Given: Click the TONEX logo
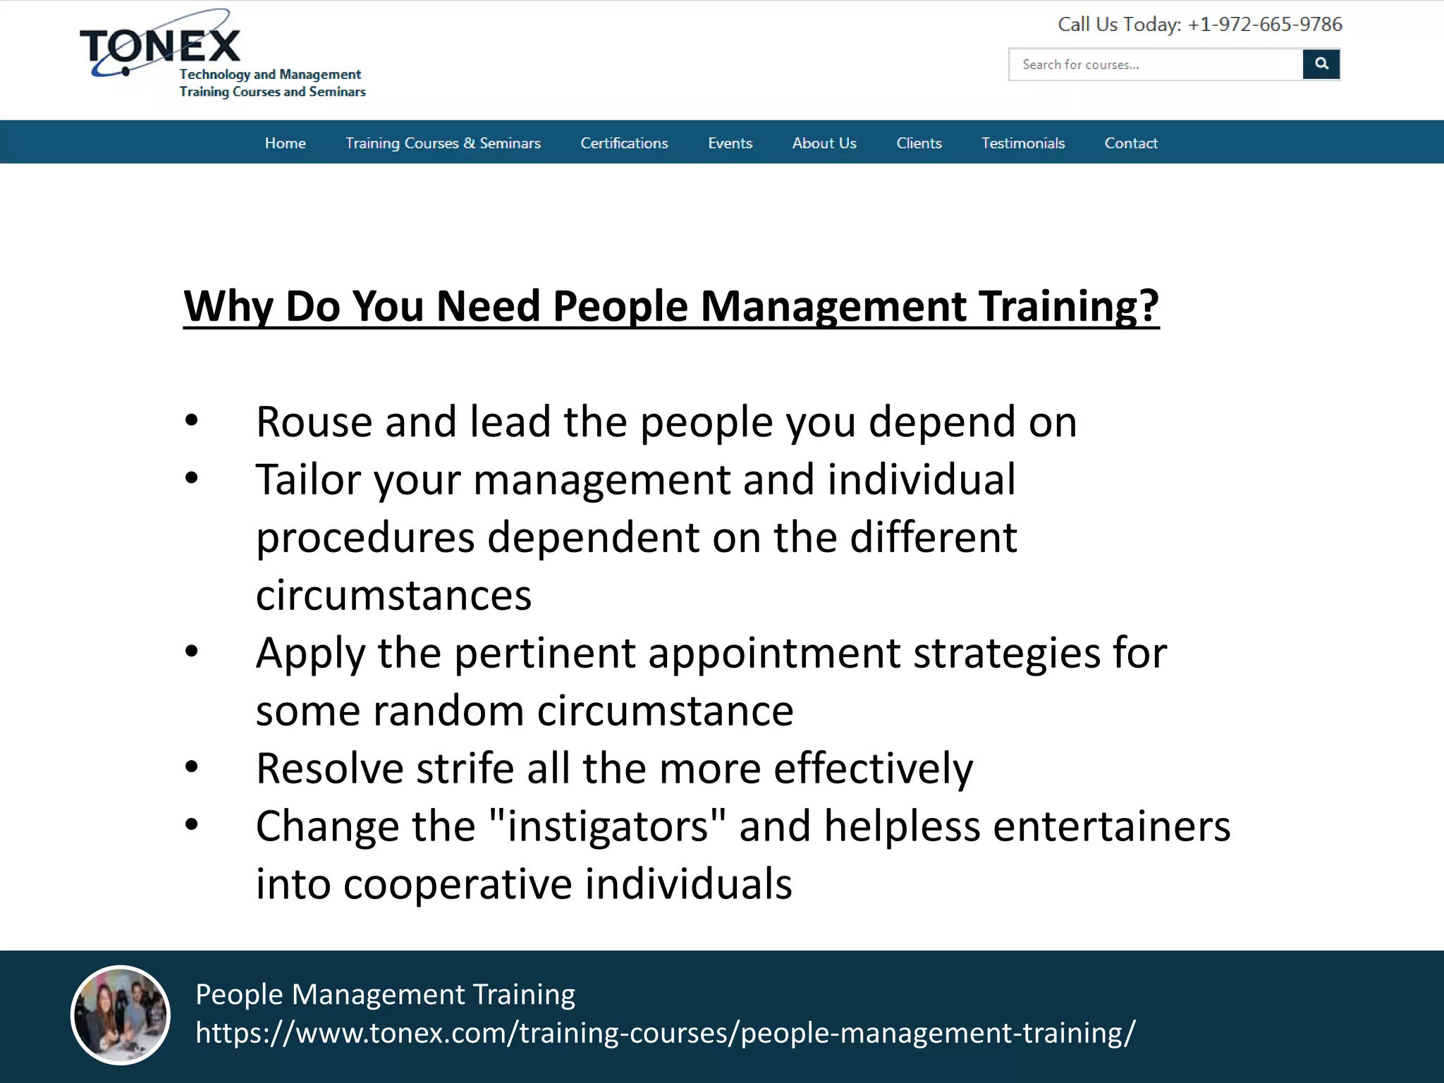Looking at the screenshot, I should point(161,47).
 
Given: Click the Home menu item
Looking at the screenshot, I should point(285,143).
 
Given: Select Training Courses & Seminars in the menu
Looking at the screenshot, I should point(443,143).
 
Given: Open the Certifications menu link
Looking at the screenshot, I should point(624,143).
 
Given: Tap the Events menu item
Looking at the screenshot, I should point(730,143).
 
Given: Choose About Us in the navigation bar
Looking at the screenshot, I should point(824,143).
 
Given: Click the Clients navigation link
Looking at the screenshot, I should point(919,143).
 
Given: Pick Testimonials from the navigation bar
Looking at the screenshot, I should point(1023,143).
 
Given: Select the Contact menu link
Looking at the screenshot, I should point(1131,143).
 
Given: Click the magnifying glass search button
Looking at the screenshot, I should point(1321,64).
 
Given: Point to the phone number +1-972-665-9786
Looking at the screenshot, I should point(1265,25).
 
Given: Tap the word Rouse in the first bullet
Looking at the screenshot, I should point(314,422).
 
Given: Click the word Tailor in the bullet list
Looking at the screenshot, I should point(308,480).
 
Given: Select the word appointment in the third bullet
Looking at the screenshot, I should point(774,654).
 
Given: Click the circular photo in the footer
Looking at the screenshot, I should point(121,1015).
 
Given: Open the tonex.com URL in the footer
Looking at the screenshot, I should point(665,1033).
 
